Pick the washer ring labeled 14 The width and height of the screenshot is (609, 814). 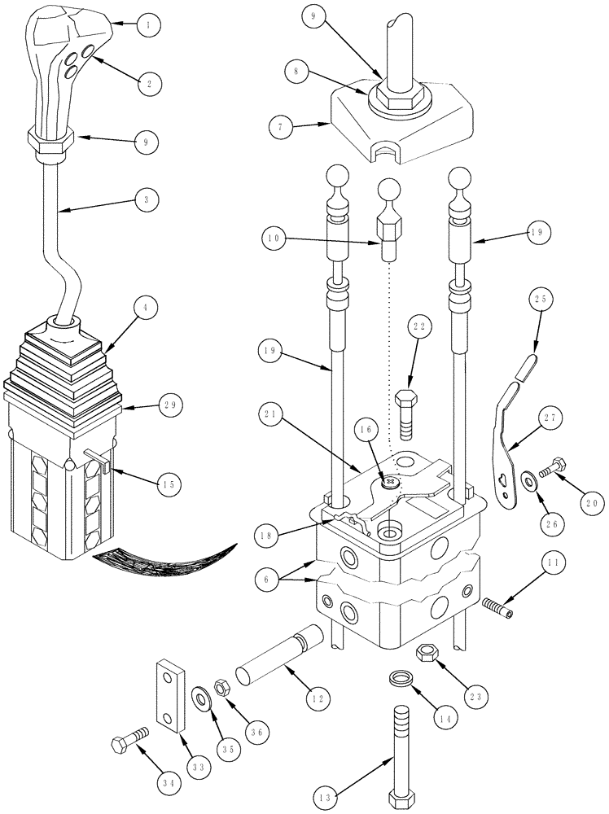[x=399, y=678]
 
